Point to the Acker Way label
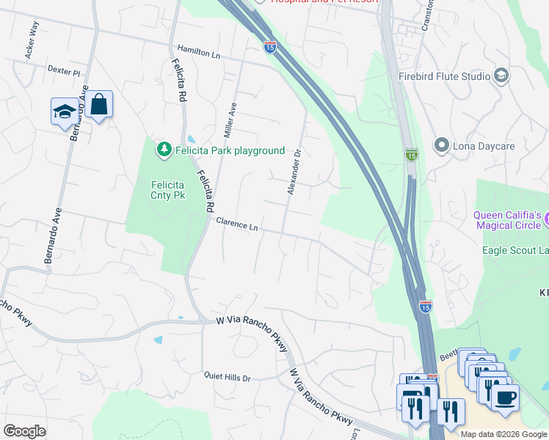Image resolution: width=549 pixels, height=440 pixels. click(x=32, y=39)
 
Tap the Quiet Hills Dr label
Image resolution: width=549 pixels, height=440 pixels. click(x=228, y=378)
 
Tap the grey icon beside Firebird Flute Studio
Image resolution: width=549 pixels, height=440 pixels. click(x=501, y=76)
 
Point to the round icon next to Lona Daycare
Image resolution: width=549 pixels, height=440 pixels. click(x=441, y=146)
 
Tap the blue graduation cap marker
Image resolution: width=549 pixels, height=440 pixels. click(x=64, y=112)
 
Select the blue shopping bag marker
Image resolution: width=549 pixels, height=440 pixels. click(x=98, y=104)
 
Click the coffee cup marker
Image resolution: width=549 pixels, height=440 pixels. click(x=504, y=397)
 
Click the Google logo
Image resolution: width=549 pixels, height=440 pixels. click(x=24, y=431)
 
